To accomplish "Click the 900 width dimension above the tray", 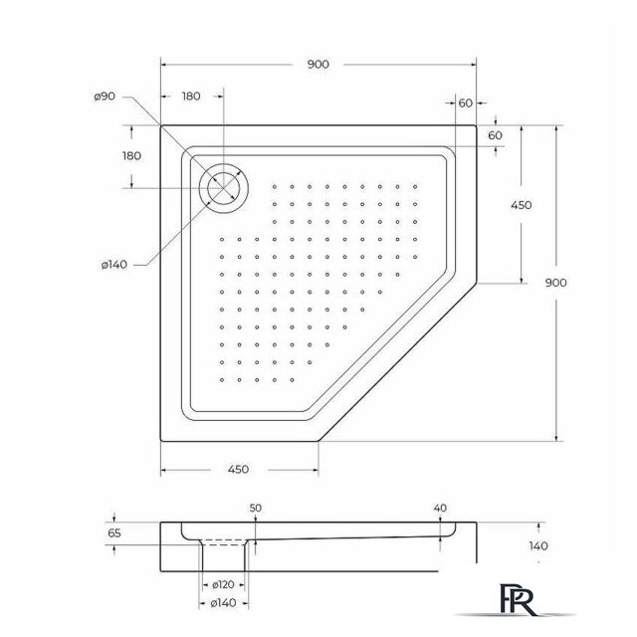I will pyautogui.click(x=318, y=65).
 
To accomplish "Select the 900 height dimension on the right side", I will pyautogui.click(x=556, y=283).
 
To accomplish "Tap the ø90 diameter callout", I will pyautogui.click(x=106, y=97).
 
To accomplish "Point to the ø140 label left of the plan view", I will pyautogui.click(x=112, y=264).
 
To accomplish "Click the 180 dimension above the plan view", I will pyautogui.click(x=191, y=97).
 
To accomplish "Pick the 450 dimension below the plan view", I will pyautogui.click(x=237, y=469).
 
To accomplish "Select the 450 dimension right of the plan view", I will pyautogui.click(x=521, y=205).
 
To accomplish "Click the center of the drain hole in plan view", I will pyautogui.click(x=224, y=187).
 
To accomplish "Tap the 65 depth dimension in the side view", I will pyautogui.click(x=113, y=534).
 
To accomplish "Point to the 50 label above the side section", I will pyautogui.click(x=256, y=509).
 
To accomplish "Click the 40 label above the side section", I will pyautogui.click(x=440, y=509).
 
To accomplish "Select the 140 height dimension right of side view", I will pyautogui.click(x=538, y=545).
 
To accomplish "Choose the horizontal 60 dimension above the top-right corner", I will pyautogui.click(x=465, y=103).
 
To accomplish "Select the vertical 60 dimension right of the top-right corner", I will pyautogui.click(x=496, y=134).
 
